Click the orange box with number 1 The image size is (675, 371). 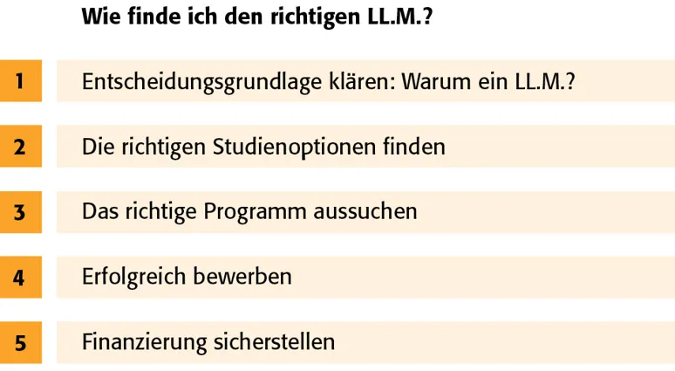click(20, 81)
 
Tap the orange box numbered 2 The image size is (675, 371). click(20, 147)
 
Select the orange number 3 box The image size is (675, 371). click(20, 212)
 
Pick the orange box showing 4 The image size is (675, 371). click(20, 278)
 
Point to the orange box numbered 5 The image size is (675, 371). click(20, 343)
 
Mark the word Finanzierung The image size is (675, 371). click(144, 343)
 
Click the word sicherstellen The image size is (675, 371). click(274, 342)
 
